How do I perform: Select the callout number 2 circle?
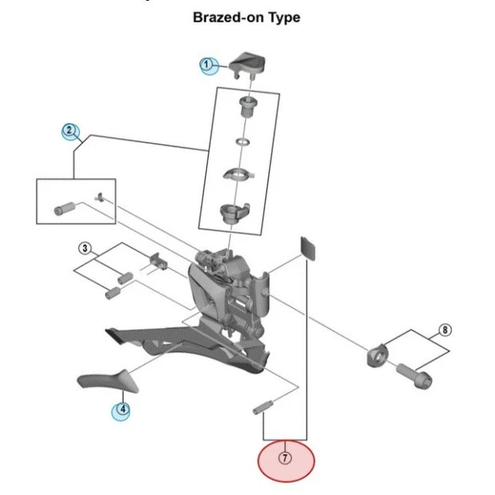pos(70,130)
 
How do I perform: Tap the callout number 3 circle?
pos(85,248)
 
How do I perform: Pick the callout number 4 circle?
pos(121,410)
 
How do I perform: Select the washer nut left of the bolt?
pos(377,354)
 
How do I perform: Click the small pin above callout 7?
pos(263,408)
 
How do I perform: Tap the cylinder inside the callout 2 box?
pos(62,210)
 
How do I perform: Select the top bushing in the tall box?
pos(246,105)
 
